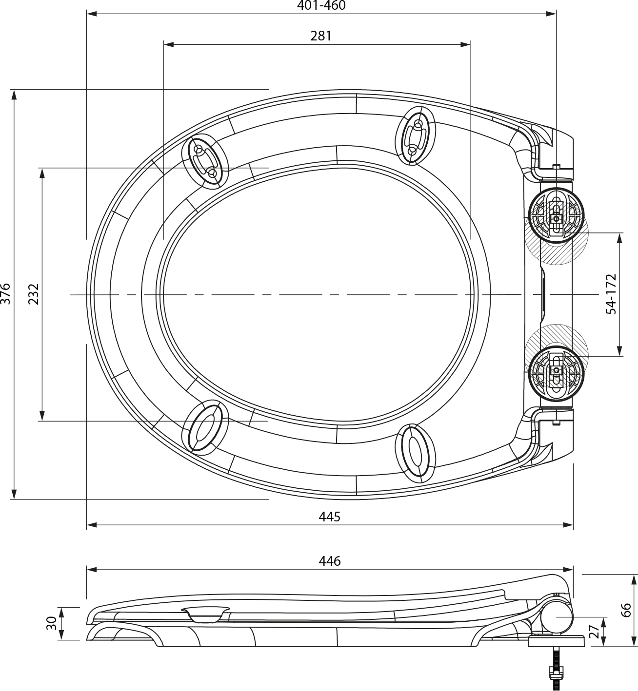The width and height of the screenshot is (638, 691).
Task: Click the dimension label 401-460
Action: click(321, 5)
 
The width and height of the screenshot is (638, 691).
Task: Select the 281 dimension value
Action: click(321, 36)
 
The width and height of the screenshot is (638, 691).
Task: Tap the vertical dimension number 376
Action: click(6, 294)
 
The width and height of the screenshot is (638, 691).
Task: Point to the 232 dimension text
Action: click(34, 294)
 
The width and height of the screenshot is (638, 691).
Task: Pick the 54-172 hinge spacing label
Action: click(611, 294)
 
